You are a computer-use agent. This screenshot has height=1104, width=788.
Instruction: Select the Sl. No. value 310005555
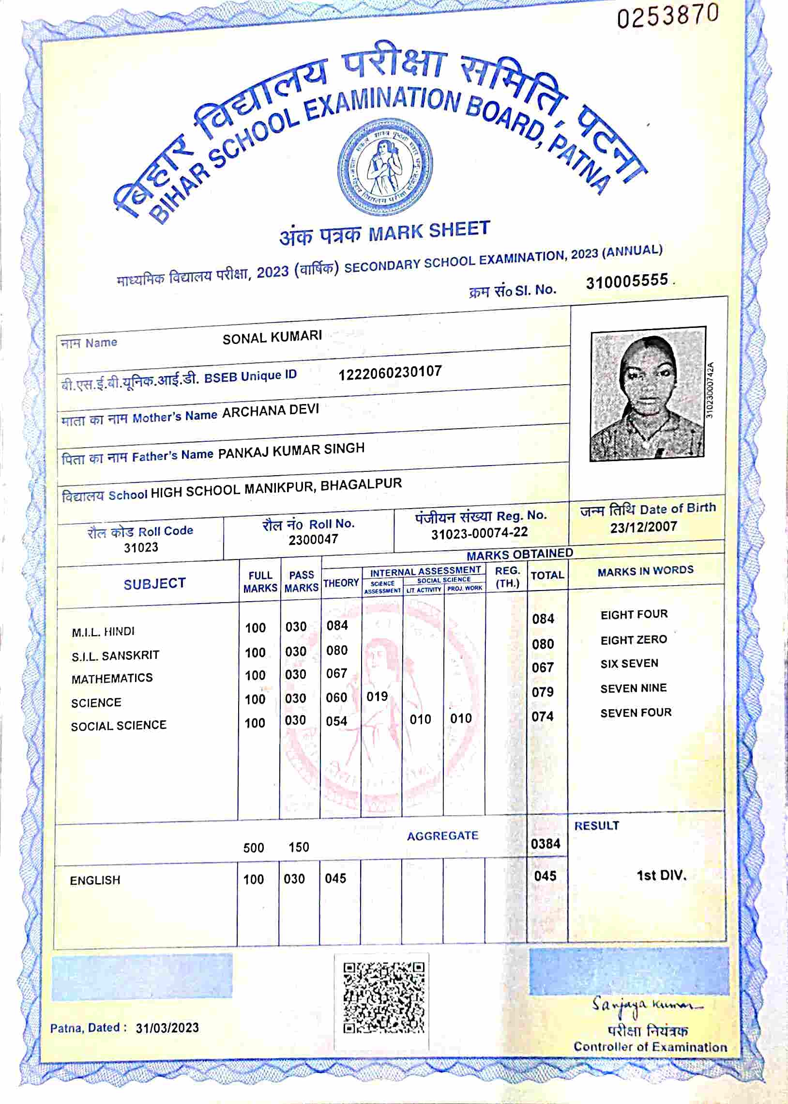627,281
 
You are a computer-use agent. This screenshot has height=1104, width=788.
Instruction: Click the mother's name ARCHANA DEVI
270,411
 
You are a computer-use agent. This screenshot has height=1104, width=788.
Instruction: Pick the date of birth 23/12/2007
643,527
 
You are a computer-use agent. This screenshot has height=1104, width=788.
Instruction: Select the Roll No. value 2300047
313,539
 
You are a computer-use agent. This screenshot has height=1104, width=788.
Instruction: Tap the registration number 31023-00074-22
479,533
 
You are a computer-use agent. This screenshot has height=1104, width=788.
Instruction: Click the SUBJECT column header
154,584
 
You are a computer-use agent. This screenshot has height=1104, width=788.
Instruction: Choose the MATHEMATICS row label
112,678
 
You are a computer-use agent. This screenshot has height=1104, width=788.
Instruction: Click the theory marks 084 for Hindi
337,625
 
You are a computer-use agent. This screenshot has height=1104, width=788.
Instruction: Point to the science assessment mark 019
377,697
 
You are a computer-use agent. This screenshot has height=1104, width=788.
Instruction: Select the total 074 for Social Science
543,716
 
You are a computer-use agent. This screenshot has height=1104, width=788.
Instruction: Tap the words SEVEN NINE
633,688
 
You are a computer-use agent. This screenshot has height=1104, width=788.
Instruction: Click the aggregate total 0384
546,844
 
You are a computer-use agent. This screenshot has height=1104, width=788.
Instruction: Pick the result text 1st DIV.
661,875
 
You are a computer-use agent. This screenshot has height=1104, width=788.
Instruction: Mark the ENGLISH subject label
95,880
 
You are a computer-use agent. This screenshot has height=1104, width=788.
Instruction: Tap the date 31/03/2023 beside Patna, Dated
167,1028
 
